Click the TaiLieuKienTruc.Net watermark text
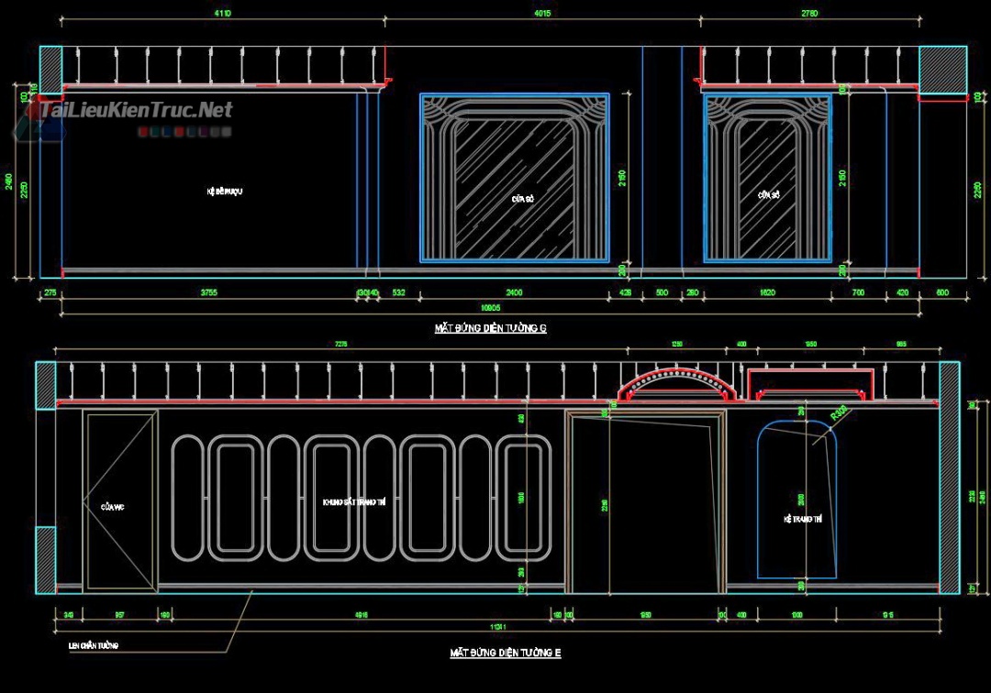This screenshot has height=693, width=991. pos(137,111)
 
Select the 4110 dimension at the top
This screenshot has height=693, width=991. pos(222,14)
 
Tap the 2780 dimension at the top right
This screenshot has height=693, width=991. pos(808,14)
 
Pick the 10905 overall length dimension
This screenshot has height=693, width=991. pos(491,308)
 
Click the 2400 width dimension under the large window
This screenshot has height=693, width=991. pos(514,292)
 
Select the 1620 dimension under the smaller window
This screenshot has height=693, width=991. pos(767,292)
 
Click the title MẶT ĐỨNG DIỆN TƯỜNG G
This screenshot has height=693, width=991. pos(490,327)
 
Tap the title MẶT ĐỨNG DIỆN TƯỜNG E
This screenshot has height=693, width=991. pos(505,653)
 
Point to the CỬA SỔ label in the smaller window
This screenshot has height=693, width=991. pos(768,195)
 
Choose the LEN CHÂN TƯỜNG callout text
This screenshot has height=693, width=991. pos(94,645)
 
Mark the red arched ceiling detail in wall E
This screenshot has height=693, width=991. pos(678,384)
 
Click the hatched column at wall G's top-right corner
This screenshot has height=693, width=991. pos(942,69)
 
